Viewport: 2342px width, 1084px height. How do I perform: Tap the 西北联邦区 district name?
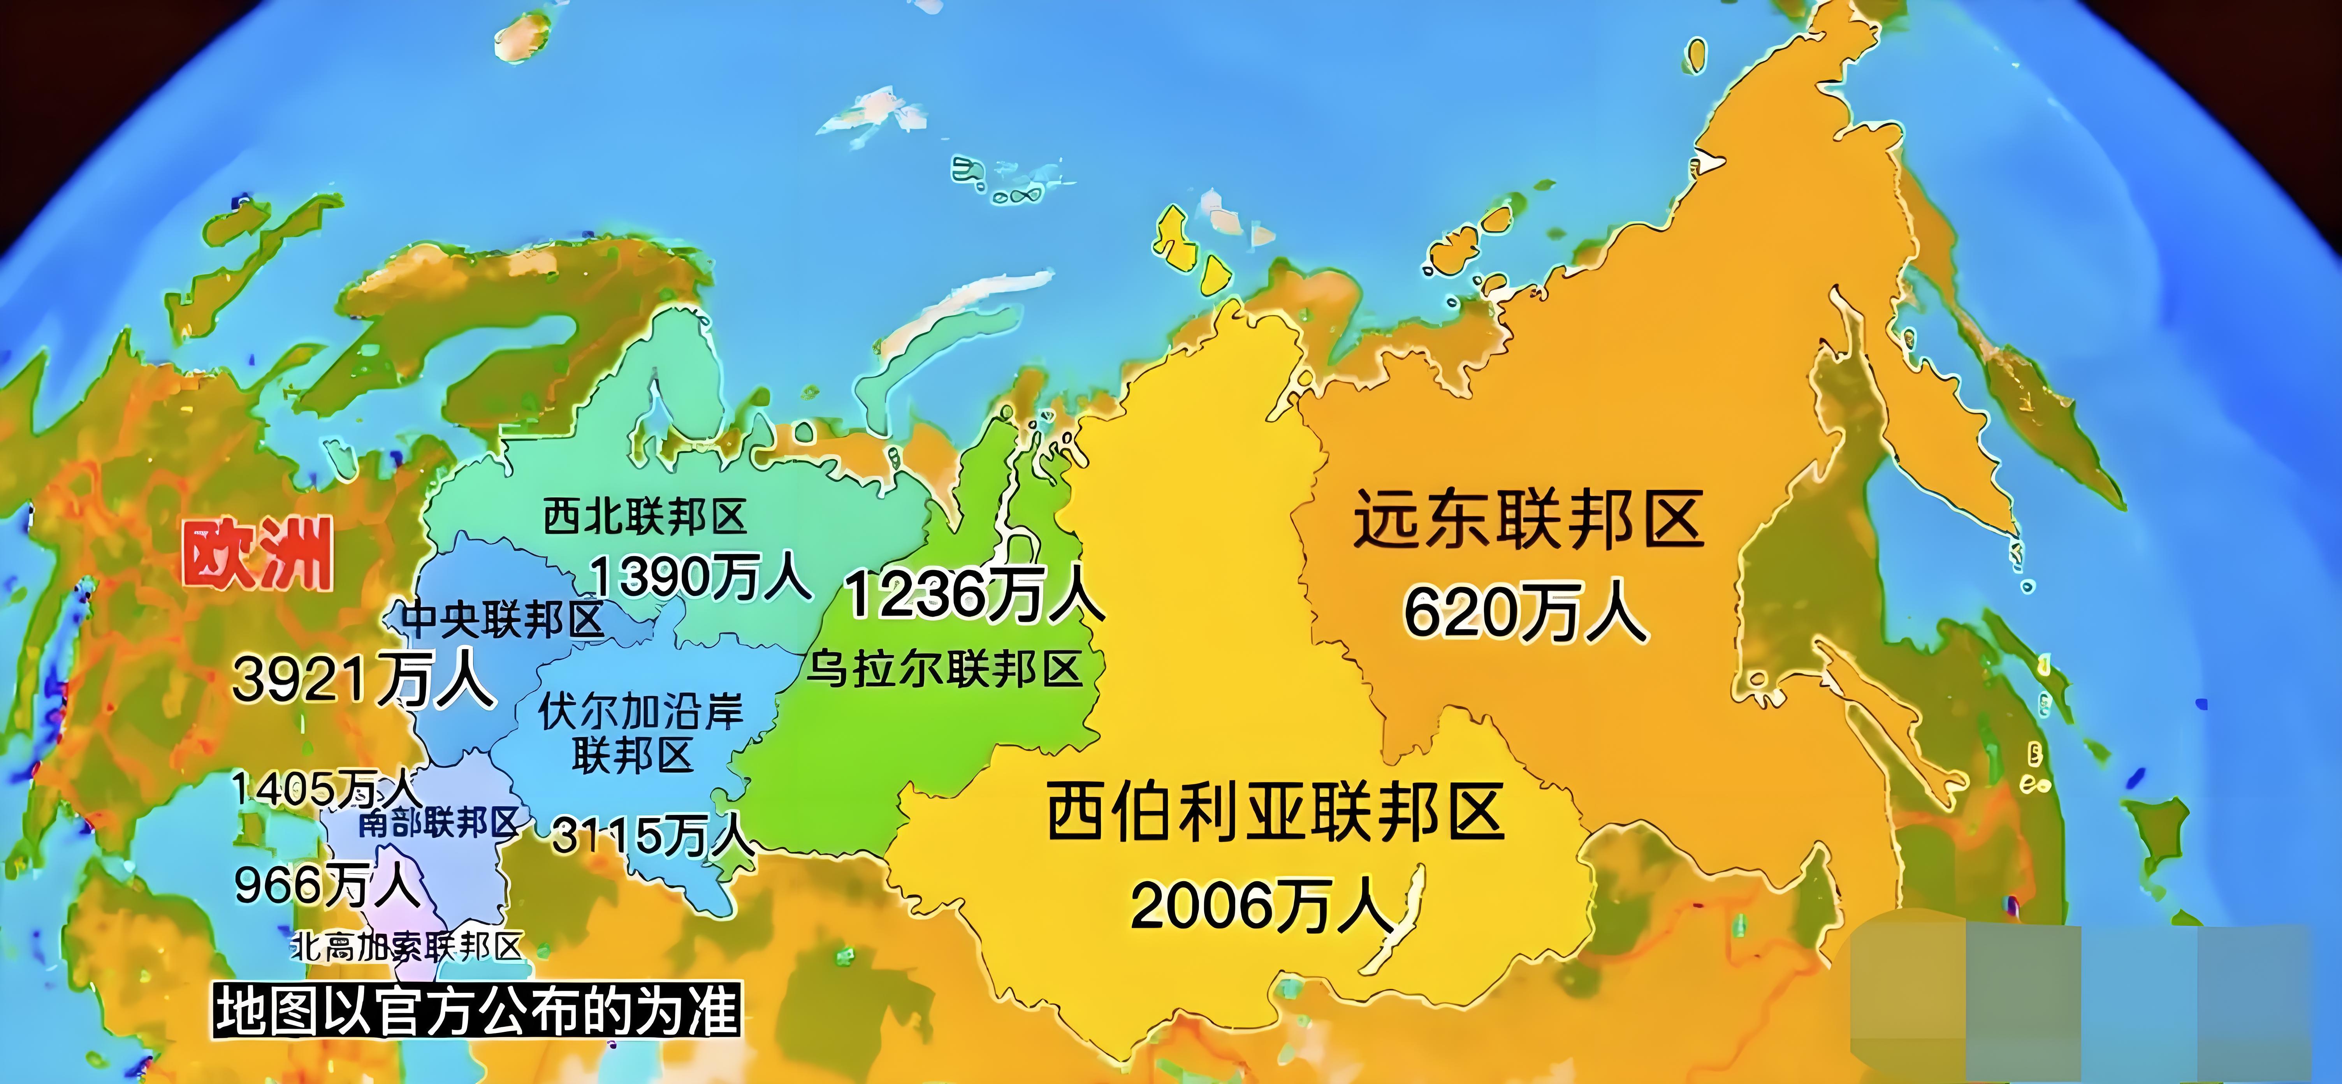[645, 517]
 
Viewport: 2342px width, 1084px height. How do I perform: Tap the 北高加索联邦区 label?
[406, 948]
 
